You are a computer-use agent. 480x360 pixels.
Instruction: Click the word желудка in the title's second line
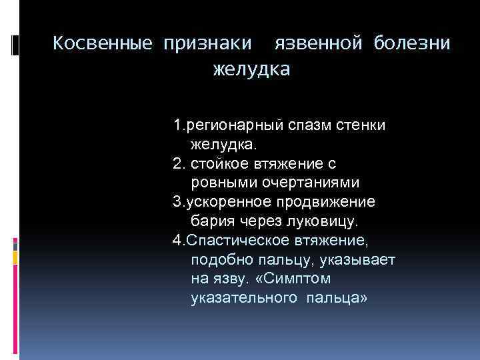pos(251,69)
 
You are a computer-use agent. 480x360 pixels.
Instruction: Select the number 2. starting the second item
pos(179,163)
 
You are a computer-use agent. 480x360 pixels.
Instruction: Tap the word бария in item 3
pos(209,220)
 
